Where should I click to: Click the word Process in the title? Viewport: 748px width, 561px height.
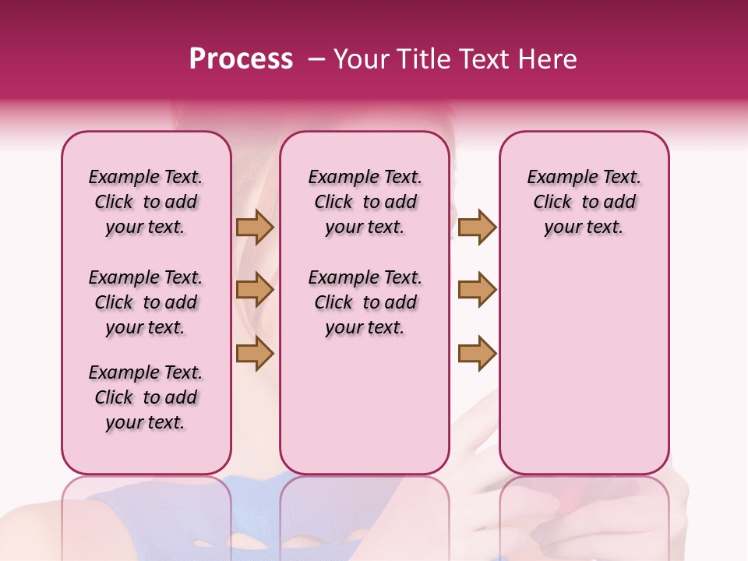241,58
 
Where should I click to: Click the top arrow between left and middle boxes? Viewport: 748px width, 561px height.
255,228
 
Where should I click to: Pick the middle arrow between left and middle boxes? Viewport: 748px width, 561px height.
255,290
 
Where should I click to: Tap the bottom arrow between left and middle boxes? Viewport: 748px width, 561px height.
255,353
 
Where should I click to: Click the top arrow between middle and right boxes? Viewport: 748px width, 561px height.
477,228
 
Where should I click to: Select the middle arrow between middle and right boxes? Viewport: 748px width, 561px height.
477,290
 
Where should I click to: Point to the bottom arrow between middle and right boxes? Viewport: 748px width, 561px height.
477,353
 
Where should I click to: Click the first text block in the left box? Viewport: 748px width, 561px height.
146,202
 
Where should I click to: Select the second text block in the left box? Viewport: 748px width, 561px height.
146,302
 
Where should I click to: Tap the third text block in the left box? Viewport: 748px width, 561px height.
146,397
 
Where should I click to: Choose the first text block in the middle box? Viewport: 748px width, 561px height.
365,202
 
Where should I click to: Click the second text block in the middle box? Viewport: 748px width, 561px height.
365,302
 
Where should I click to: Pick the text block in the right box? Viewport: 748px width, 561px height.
584,202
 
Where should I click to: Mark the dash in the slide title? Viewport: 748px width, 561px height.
317,59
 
